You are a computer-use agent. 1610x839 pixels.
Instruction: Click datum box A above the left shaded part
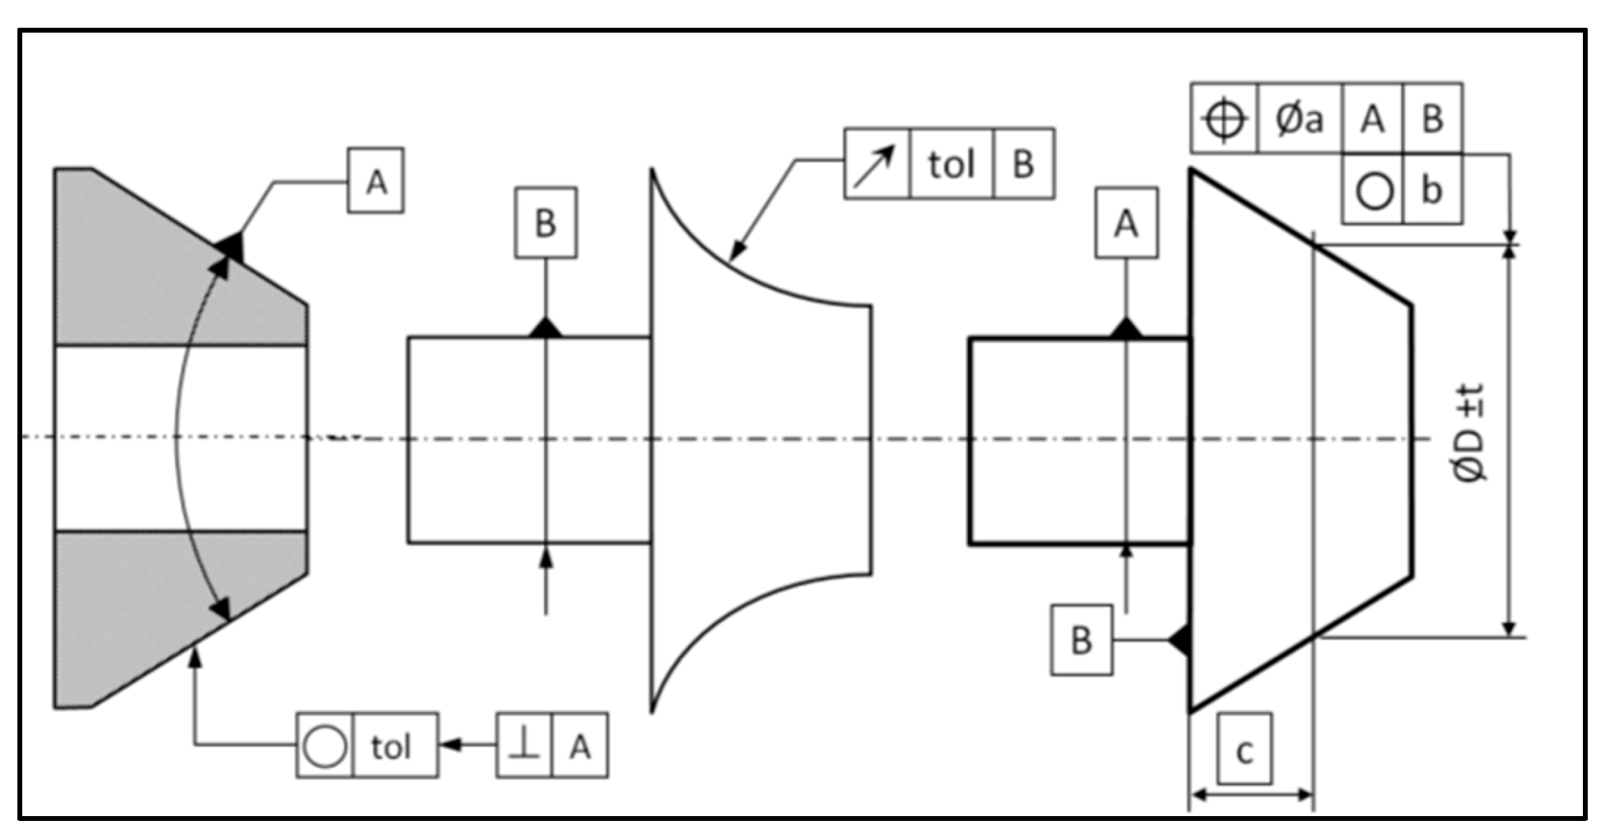point(375,181)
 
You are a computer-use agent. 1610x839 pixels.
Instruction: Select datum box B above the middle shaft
point(545,223)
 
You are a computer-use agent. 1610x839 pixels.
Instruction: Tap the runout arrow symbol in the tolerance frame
point(876,165)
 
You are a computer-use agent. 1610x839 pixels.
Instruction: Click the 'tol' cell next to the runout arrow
point(951,165)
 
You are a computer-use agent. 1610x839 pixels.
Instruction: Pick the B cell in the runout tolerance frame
point(1024,165)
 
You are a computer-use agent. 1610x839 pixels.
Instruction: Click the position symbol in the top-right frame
point(1224,119)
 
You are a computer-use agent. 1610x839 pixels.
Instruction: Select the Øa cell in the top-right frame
point(1299,119)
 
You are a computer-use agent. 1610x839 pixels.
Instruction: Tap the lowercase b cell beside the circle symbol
point(1432,190)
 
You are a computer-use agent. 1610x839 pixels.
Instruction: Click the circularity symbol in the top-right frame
point(1373,190)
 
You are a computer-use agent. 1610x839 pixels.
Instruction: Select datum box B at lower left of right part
point(1081,640)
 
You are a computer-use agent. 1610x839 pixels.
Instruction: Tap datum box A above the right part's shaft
point(1126,223)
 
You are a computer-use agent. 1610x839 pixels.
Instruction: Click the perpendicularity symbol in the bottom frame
point(525,746)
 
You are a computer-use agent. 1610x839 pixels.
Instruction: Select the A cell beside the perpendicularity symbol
point(580,746)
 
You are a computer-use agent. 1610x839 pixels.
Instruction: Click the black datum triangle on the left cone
point(232,247)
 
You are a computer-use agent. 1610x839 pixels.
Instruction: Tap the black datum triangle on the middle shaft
point(545,327)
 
